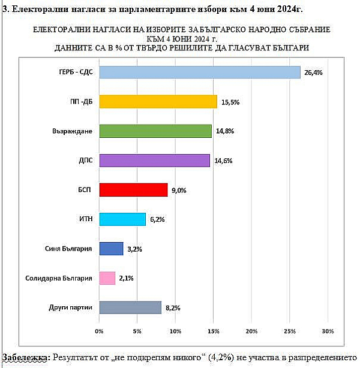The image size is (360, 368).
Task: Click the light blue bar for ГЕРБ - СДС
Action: [200, 72]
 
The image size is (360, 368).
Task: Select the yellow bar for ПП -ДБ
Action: [158, 101]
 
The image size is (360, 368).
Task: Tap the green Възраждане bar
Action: [155, 131]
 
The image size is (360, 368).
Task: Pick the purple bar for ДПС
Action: [154, 160]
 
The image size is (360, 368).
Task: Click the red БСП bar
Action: [133, 190]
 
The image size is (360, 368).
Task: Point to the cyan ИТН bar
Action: [122, 219]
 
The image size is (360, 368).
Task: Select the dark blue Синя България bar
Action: [111, 249]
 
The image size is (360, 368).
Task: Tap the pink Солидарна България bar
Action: [107, 278]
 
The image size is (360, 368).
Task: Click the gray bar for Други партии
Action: [130, 307]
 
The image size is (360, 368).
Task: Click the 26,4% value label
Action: [313, 73]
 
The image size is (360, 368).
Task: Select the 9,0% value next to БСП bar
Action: [179, 191]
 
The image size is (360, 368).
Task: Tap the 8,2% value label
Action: [173, 308]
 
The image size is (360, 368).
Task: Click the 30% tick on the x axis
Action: [328, 331]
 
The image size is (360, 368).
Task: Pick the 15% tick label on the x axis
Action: [213, 331]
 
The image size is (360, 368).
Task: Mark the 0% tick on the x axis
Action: [100, 331]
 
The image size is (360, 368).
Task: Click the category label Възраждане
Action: [73, 131]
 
